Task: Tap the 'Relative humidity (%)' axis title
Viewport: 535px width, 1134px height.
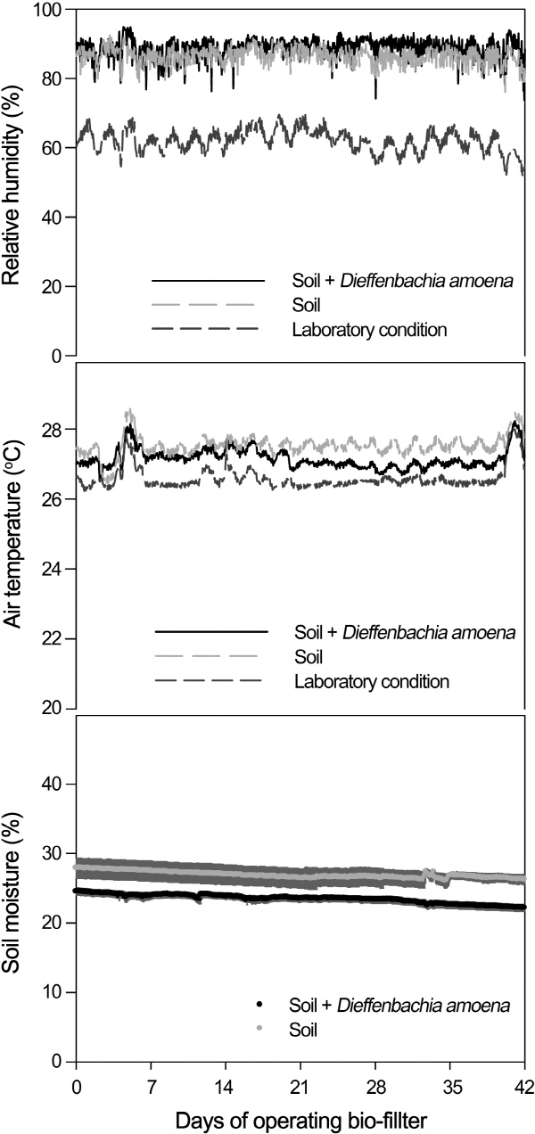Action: [12, 182]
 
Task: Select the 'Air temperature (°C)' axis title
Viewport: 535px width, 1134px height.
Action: [12, 534]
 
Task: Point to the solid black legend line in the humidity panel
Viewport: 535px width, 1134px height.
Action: [209, 281]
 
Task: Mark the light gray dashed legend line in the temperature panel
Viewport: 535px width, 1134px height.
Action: [209, 657]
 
